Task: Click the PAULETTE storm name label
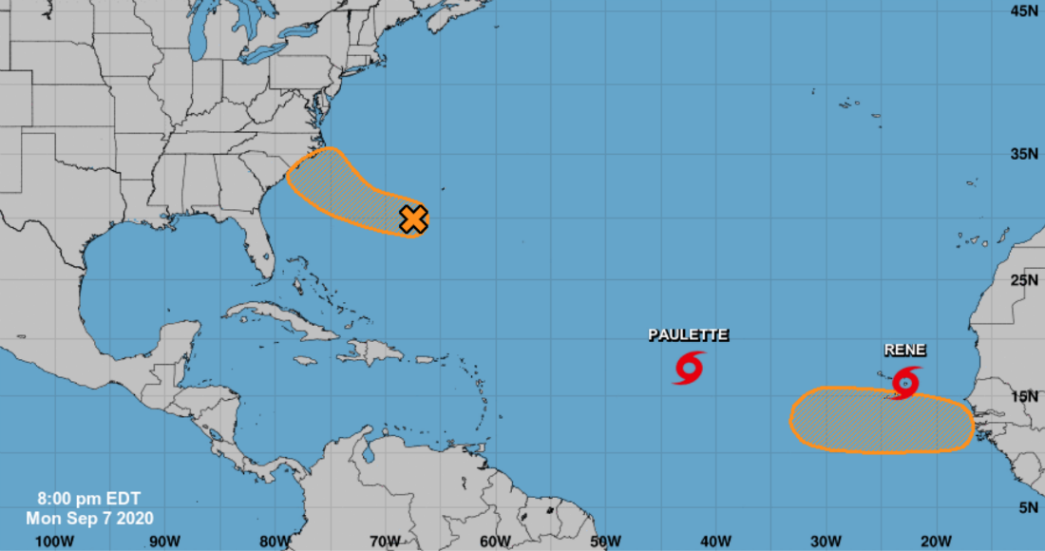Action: pyautogui.click(x=688, y=334)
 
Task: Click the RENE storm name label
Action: pyautogui.click(x=904, y=350)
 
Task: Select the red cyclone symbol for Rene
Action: pyautogui.click(x=906, y=382)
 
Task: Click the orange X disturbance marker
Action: pyautogui.click(x=413, y=219)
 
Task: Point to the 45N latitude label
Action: pyautogui.click(x=1023, y=10)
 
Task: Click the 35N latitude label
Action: pyautogui.click(x=1023, y=154)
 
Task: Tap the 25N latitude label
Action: pyautogui.click(x=1023, y=280)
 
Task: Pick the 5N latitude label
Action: pyautogui.click(x=1027, y=508)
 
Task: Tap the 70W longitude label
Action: pyautogui.click(x=385, y=541)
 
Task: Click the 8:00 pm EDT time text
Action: pyautogui.click(x=76, y=498)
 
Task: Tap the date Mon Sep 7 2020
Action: pyautogui.click(x=89, y=518)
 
